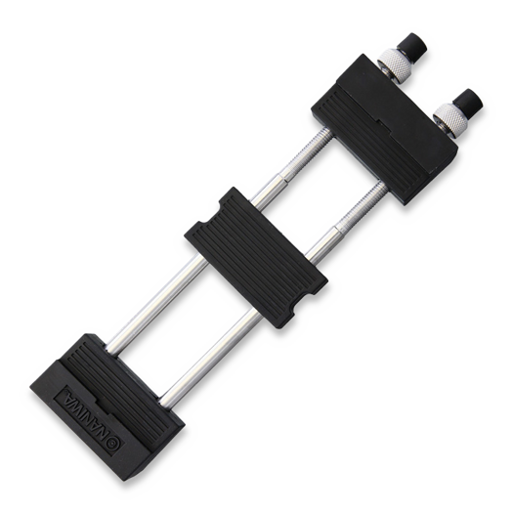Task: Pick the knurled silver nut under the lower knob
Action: (x=449, y=119)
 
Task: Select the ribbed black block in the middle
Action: (x=256, y=257)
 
